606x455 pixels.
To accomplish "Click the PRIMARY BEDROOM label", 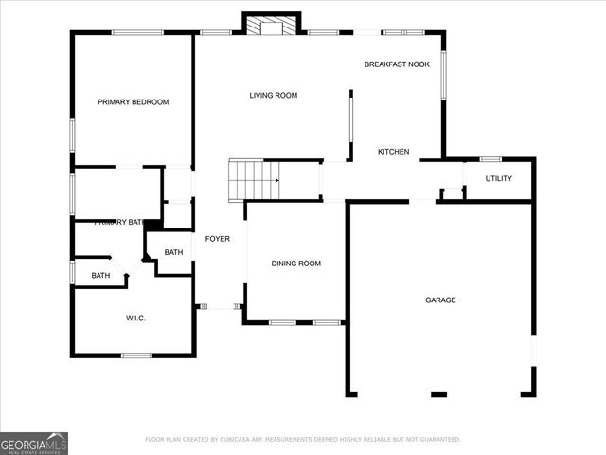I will [134, 101].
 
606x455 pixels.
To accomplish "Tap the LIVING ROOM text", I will [274, 95].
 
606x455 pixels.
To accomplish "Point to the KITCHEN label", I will [393, 152].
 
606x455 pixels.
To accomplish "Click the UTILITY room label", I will [499, 178].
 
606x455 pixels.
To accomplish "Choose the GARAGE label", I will [440, 300].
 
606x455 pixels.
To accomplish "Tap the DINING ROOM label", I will [295, 264].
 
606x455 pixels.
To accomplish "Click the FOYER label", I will [218, 238].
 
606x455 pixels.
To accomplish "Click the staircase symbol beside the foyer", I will [255, 177].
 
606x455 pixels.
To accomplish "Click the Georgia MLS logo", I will [34, 443].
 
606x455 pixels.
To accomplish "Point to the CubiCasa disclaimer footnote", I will [303, 439].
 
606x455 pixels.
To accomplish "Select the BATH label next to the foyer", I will [173, 252].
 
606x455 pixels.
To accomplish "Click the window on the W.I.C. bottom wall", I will [136, 355].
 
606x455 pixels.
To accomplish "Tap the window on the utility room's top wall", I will [490, 158].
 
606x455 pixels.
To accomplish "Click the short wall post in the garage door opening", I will [439, 393].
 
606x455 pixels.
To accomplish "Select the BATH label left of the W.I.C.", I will [100, 276].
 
